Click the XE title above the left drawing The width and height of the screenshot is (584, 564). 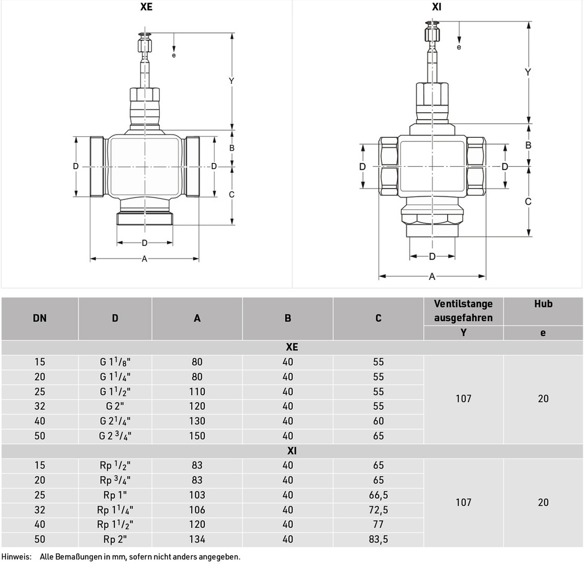[146, 7]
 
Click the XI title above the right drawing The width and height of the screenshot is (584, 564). [437, 7]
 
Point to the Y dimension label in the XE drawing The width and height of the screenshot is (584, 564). [231, 81]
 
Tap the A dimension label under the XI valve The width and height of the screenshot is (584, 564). [432, 277]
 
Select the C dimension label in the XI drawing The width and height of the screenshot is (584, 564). [528, 202]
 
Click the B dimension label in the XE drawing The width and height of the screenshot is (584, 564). [231, 148]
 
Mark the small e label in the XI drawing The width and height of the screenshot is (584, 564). [459, 48]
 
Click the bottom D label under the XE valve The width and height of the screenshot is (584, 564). [145, 243]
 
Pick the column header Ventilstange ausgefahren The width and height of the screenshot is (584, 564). [463, 311]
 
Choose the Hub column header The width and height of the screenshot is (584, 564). [543, 304]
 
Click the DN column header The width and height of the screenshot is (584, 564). [40, 319]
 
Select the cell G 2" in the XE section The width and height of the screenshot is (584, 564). [115, 406]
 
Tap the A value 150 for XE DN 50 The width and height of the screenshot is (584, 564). [197, 436]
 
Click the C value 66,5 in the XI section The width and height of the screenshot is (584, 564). [378, 495]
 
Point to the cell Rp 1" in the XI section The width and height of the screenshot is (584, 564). [115, 495]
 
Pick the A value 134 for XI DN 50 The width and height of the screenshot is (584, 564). [197, 539]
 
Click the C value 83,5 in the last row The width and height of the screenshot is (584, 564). [378, 539]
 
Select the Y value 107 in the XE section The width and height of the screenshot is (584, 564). [463, 398]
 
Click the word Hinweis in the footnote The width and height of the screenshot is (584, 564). [16, 557]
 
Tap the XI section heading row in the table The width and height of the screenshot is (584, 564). [292, 451]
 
